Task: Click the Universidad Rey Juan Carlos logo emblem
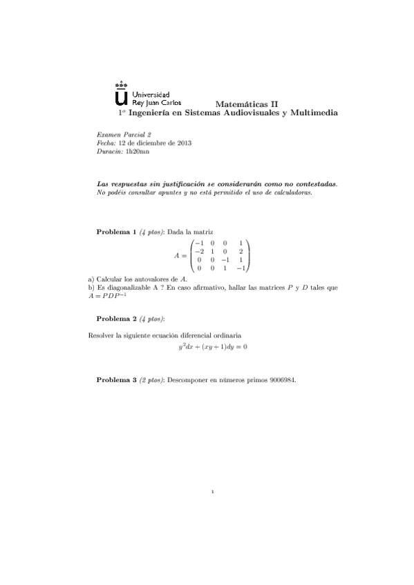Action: [122, 92]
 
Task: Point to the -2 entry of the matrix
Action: [198, 251]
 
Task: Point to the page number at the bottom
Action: [214, 492]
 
